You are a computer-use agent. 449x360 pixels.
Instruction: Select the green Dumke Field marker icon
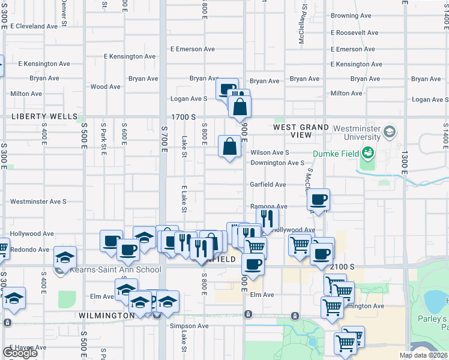pos(366,153)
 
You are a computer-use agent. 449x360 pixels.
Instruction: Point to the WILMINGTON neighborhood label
pos(106,315)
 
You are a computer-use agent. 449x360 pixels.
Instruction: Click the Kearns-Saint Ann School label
pos(114,270)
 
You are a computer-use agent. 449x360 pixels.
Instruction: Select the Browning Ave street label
pos(351,16)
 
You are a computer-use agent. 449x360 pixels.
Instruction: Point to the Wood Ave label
pos(106,86)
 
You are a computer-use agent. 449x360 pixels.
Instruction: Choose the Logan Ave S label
pos(189,98)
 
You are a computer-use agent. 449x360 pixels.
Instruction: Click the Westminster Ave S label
pos(38,202)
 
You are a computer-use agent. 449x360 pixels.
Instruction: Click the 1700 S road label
pos(184,117)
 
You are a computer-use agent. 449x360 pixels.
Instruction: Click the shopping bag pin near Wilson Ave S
pos(230,146)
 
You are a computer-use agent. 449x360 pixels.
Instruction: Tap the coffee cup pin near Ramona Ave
pos(319,199)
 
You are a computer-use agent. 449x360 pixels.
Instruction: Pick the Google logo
pos(20,353)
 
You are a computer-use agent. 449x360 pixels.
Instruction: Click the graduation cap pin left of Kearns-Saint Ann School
pos(65,257)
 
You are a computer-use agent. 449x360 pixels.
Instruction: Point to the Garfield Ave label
pos(268,185)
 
